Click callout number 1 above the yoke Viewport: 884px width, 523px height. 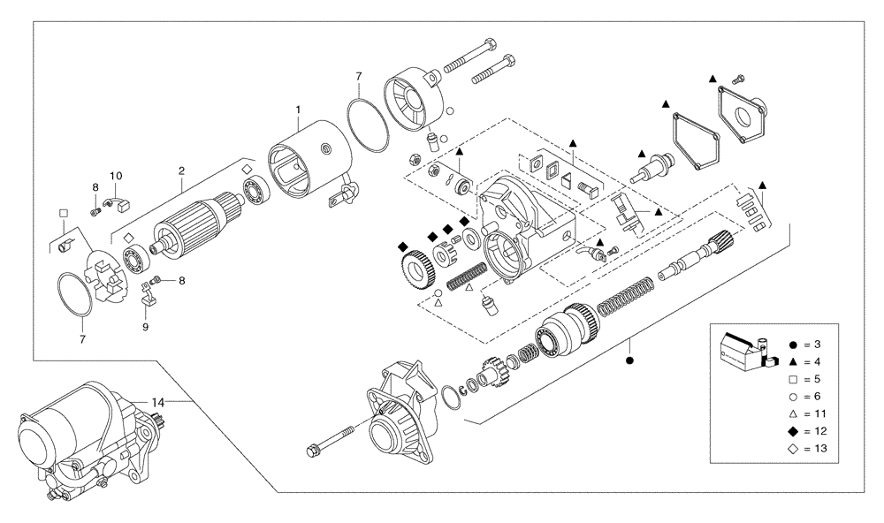[298, 109]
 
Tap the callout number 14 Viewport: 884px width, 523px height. [157, 402]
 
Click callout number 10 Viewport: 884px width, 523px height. [115, 176]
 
